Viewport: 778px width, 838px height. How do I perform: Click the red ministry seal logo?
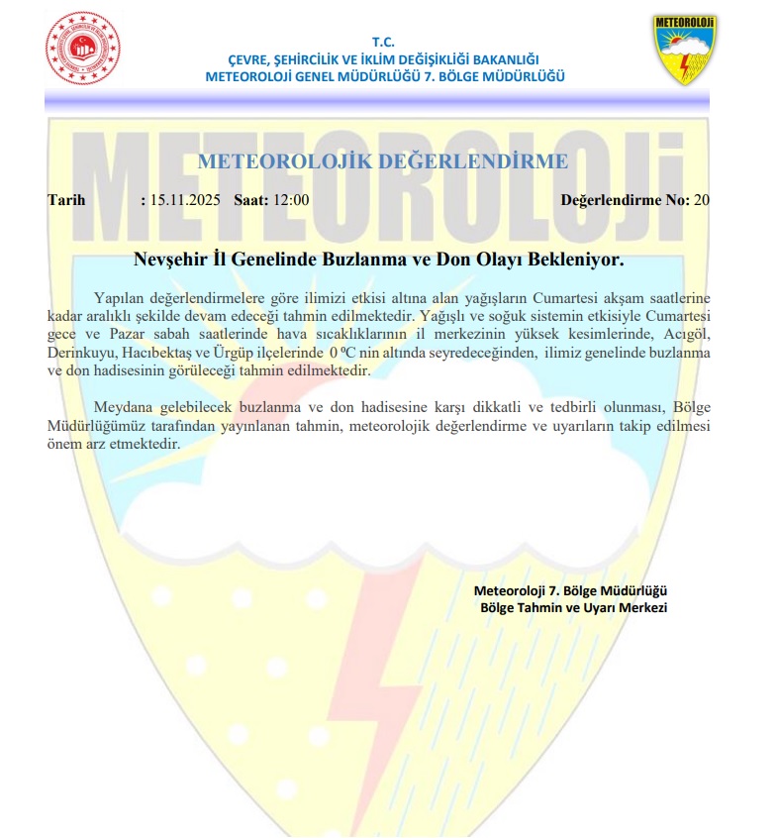[82, 49]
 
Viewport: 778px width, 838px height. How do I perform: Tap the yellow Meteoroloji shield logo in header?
[685, 50]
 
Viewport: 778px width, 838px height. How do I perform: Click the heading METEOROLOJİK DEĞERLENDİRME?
[383, 162]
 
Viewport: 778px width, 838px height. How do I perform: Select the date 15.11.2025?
[185, 200]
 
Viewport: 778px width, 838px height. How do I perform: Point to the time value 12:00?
[291, 200]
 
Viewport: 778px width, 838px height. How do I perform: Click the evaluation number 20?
[702, 200]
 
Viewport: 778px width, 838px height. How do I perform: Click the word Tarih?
[67, 200]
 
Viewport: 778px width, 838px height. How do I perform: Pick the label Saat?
[251, 200]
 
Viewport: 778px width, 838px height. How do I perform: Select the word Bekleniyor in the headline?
[575, 261]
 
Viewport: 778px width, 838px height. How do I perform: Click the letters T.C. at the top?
[384, 42]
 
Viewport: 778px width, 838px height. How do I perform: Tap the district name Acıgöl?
[689, 335]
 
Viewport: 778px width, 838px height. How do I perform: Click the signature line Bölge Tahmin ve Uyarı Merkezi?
[574, 607]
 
